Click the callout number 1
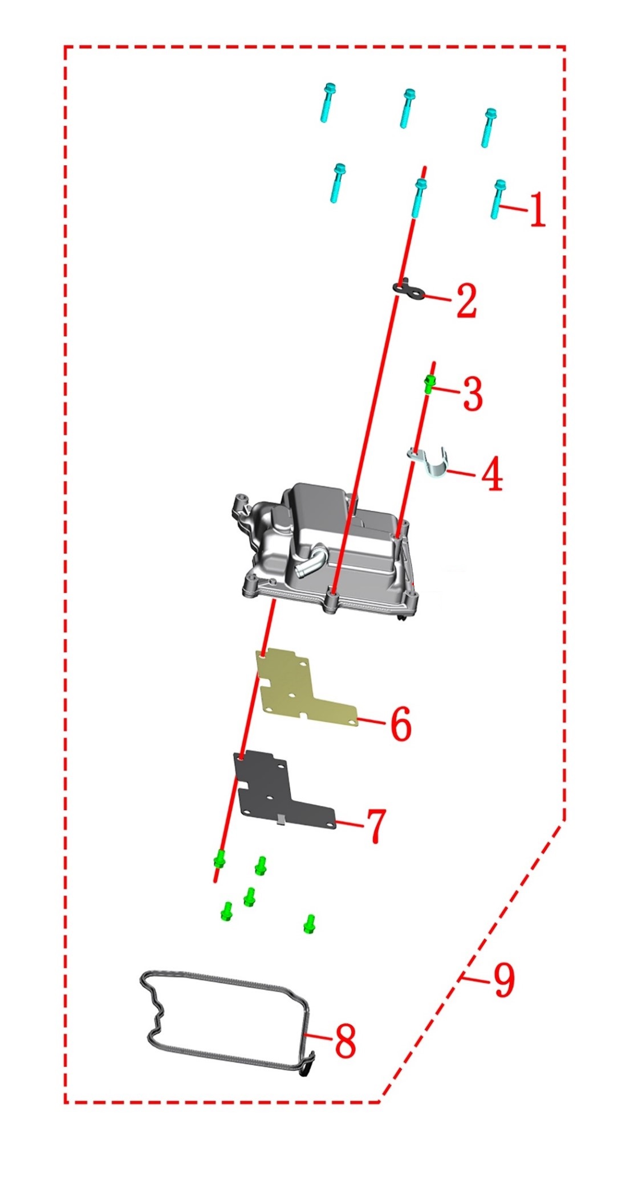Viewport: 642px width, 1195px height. [x=537, y=210]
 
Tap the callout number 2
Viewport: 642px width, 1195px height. [x=466, y=301]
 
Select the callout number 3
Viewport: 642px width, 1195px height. [x=473, y=394]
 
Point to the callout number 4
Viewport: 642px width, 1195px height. [x=493, y=474]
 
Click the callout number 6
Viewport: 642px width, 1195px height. [x=401, y=724]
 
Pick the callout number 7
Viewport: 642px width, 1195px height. [x=376, y=825]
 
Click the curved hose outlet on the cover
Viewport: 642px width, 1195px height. [x=311, y=561]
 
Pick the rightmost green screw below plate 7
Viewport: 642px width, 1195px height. [x=310, y=924]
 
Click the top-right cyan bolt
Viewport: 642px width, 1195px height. [x=488, y=127]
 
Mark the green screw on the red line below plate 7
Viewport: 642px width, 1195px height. [x=220, y=858]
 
